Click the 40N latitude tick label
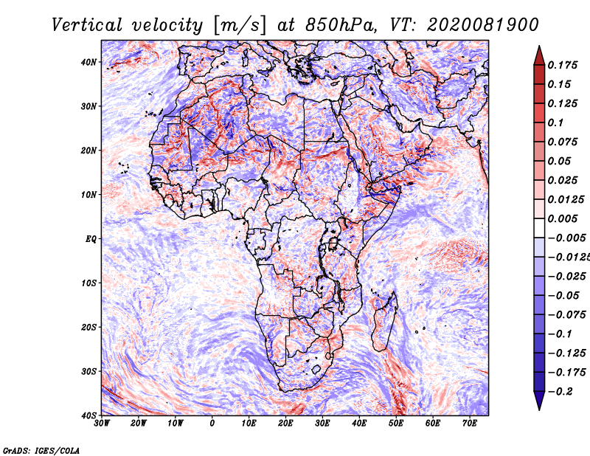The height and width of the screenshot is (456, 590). [88, 62]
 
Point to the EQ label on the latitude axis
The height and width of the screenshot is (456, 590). [91, 239]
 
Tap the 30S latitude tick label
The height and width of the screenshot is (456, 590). [88, 372]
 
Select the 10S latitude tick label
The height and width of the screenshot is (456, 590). [88, 283]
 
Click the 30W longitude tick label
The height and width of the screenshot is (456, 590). [102, 424]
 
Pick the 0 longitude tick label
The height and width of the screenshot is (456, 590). [212, 424]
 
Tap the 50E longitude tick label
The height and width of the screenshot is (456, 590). [396, 424]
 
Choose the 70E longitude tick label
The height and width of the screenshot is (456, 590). [470, 424]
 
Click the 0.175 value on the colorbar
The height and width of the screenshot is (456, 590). [562, 66]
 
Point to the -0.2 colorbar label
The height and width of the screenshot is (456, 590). [560, 392]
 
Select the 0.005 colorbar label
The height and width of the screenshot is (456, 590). [562, 218]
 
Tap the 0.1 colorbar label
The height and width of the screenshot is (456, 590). [555, 122]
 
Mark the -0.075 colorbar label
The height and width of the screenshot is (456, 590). [566, 315]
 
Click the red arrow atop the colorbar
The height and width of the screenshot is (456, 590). [539, 55]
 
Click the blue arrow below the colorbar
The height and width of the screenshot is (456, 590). [539, 401]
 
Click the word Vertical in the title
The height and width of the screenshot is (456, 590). [87, 25]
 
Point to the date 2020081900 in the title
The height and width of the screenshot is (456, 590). [482, 25]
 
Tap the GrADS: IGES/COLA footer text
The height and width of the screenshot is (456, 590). [41, 451]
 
